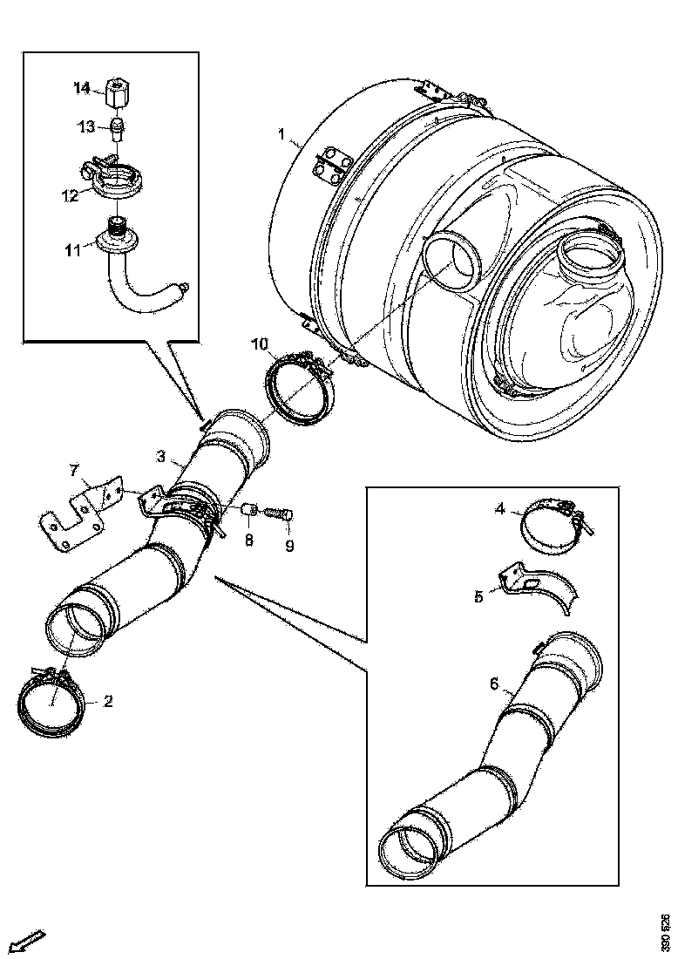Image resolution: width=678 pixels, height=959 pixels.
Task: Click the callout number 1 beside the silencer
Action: (281, 135)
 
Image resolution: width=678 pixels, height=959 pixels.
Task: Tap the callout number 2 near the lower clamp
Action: (108, 700)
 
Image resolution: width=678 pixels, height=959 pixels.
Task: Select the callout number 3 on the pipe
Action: (161, 456)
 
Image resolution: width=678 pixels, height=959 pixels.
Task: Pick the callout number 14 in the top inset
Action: (81, 87)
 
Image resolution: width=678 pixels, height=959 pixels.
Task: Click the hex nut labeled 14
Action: (118, 90)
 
